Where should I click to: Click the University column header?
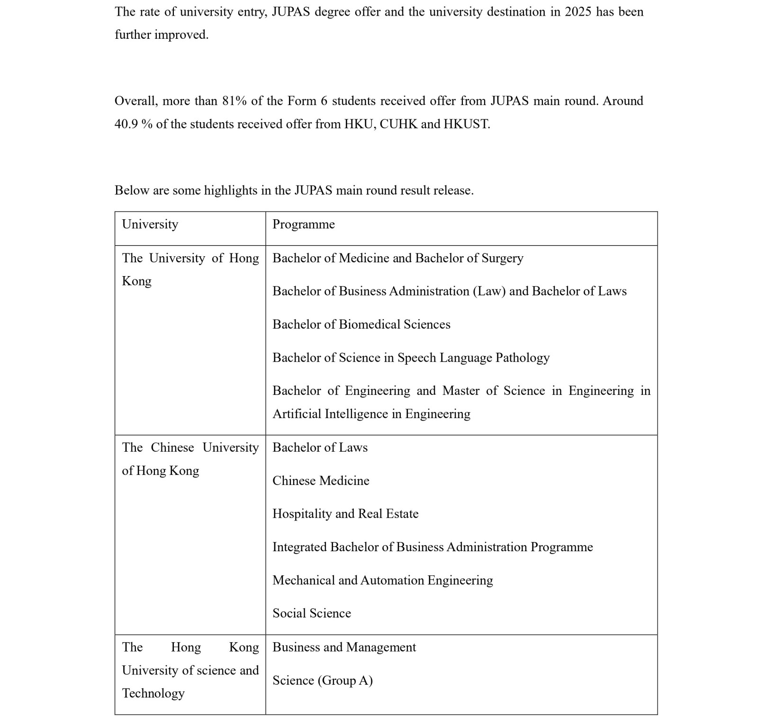pyautogui.click(x=150, y=224)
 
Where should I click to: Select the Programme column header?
pyautogui.click(x=303, y=224)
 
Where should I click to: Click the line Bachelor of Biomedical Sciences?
pyautogui.click(x=361, y=324)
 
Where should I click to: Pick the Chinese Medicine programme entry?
pyautogui.click(x=321, y=481)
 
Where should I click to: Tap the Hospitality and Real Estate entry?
pyautogui.click(x=345, y=514)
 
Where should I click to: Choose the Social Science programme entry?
pyautogui.click(x=312, y=613)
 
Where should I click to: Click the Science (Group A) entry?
pyautogui.click(x=322, y=680)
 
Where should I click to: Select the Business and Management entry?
pyautogui.click(x=344, y=647)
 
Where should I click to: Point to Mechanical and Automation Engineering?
pyautogui.click(x=382, y=580)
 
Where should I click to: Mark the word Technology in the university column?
pyautogui.click(x=153, y=693)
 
